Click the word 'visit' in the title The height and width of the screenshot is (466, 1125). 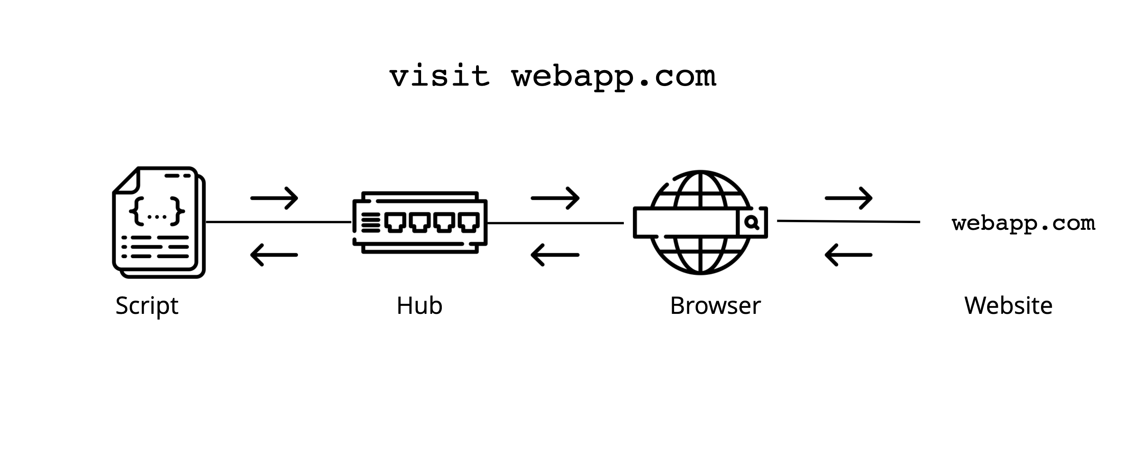click(439, 76)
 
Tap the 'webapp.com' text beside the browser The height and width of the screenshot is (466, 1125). click(1023, 223)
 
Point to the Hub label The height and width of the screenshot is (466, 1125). click(419, 305)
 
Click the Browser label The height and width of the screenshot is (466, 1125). click(715, 305)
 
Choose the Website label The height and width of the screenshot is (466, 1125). click(1008, 305)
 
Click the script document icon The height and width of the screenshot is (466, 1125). click(159, 222)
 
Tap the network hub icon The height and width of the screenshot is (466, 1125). click(420, 222)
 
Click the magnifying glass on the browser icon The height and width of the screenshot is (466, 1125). click(752, 223)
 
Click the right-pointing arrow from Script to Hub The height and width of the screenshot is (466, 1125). click(274, 198)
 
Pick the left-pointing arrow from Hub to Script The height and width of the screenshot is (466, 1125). click(274, 255)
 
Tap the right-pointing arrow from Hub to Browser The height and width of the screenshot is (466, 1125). click(555, 198)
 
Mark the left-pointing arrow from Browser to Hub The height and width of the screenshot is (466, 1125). click(555, 255)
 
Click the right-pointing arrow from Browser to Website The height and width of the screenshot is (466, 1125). click(849, 198)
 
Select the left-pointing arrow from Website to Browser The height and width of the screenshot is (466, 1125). click(848, 255)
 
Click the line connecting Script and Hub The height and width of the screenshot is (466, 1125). click(278, 222)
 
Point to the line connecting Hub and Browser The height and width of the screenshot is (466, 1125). click(555, 223)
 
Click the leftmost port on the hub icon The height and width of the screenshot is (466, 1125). click(395, 222)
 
